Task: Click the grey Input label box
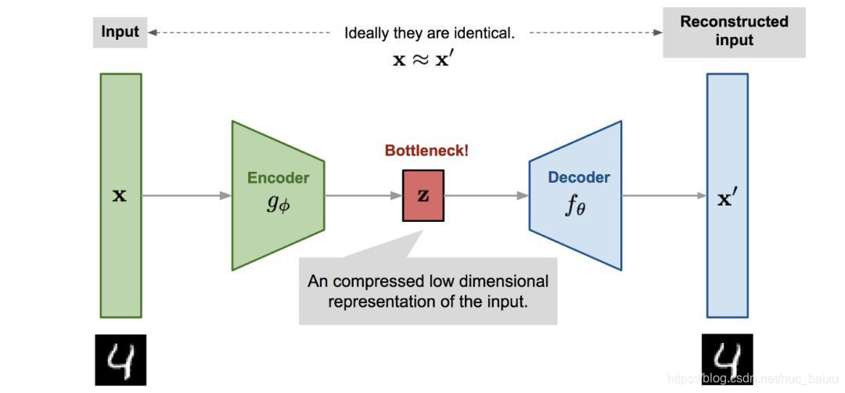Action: coord(120,32)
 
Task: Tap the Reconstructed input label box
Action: coord(733,31)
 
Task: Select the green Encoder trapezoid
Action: coord(278,195)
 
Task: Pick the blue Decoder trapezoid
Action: coord(576,195)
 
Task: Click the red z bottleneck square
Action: coord(423,195)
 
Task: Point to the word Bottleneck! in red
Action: coord(426,151)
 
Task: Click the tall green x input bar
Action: coord(120,195)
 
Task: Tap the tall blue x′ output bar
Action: coord(728,195)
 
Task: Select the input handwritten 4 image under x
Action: coord(120,360)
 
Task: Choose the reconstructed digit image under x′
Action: coord(726,360)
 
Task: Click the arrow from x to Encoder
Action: coord(186,195)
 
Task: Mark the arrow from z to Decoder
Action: coord(486,195)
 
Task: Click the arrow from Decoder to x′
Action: coord(664,195)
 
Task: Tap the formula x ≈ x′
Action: coord(422,59)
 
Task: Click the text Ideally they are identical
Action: coord(430,34)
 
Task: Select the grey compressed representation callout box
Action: coord(428,291)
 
